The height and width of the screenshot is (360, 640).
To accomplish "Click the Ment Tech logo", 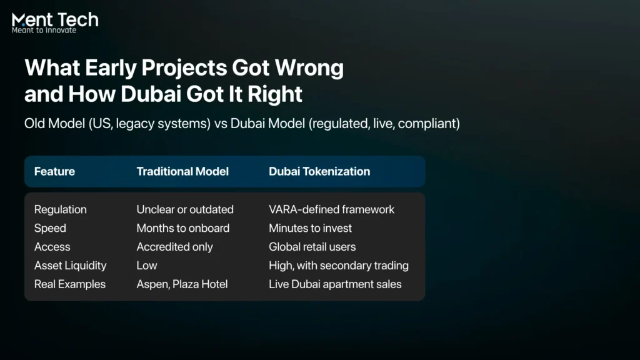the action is [x=55, y=23].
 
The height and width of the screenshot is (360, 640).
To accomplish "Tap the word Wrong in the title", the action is [x=309, y=67].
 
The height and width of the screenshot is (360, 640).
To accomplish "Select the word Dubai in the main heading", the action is [x=151, y=94].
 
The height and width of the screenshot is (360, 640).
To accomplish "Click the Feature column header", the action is [x=55, y=171].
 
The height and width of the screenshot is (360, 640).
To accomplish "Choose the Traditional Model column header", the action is [x=182, y=171].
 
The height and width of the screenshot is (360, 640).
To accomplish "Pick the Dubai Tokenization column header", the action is [x=319, y=171].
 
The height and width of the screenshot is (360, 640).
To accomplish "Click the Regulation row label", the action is [x=61, y=209].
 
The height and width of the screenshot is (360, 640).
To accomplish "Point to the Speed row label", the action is [x=50, y=228].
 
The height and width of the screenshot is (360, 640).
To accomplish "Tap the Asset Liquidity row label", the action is [x=70, y=266].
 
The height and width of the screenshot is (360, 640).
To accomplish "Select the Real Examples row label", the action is [x=70, y=284].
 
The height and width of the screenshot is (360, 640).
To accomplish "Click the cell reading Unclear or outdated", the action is [x=185, y=209].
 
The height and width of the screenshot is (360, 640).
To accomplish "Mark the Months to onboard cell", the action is [x=183, y=228].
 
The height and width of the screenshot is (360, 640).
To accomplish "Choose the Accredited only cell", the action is [x=175, y=247].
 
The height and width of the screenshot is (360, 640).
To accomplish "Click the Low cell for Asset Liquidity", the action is [x=147, y=266].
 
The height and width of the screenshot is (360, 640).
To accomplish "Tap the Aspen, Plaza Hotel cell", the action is [x=182, y=284].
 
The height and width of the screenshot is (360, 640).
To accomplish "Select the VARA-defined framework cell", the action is [x=331, y=209].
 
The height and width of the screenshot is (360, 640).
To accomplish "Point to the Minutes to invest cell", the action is [x=310, y=228].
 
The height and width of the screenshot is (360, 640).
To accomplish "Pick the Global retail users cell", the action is [x=312, y=247].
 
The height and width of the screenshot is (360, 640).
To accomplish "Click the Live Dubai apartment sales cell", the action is [x=335, y=284].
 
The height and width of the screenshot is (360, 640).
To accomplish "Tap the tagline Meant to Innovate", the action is [x=44, y=30].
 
